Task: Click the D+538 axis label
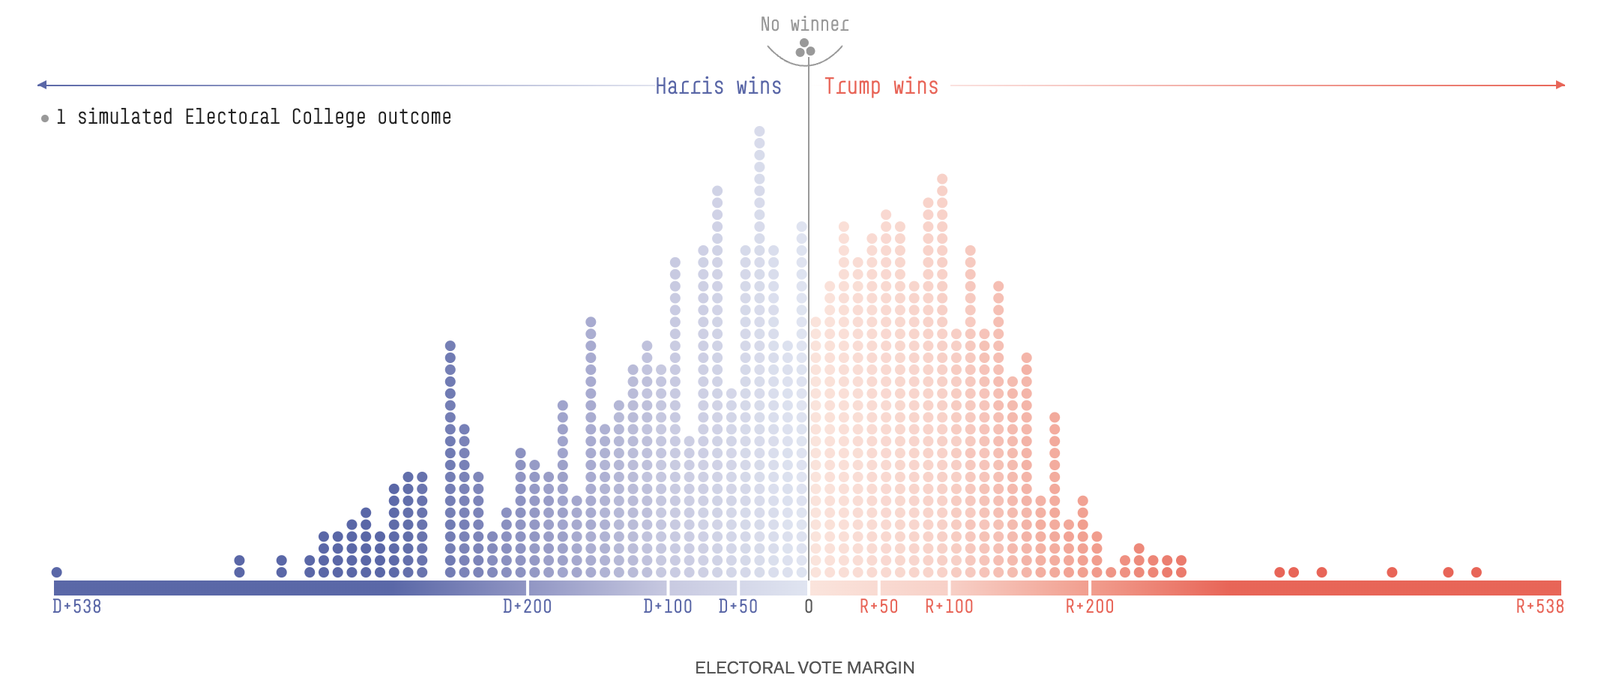pos(76,606)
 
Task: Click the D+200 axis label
pos(527,606)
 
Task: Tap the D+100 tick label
pos(667,606)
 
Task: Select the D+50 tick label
pos(738,606)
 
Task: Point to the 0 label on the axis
pos(809,606)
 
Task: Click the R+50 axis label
pos(878,606)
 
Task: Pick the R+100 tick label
pos(949,606)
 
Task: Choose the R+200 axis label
pos(1089,606)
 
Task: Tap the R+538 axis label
pos(1540,606)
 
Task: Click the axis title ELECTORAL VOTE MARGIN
pos(804,667)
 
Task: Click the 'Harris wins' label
pos(718,86)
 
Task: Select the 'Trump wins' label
pos(881,86)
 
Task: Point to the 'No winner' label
pos(804,25)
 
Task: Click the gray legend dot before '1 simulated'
pos(45,118)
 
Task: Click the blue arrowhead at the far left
pos(42,85)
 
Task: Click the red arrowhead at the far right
pos(1561,85)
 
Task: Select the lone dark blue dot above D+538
pos(56,572)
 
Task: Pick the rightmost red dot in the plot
pos(1477,572)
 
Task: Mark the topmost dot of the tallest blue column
pos(759,131)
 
